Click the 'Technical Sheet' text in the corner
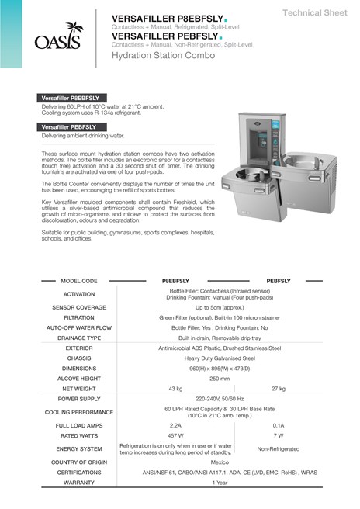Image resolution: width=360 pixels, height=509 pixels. [314, 13]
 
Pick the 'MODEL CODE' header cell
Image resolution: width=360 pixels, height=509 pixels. [79, 281]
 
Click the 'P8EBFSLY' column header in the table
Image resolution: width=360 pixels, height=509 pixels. [176, 281]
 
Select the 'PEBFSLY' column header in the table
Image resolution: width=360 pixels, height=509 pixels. [279, 281]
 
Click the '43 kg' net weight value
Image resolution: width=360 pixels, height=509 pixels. [176, 388]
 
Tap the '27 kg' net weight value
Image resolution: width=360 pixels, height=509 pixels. [279, 388]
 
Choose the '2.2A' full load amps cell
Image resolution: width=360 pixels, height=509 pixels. [176, 425]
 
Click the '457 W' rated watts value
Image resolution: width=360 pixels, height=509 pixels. [176, 436]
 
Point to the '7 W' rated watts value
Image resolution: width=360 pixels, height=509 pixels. [279, 436]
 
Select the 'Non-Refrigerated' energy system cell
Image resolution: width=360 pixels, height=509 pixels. [279, 448]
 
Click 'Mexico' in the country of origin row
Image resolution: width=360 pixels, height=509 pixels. [220, 462]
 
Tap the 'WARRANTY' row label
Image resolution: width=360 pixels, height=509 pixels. [79, 482]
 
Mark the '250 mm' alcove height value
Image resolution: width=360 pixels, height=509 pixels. [220, 378]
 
